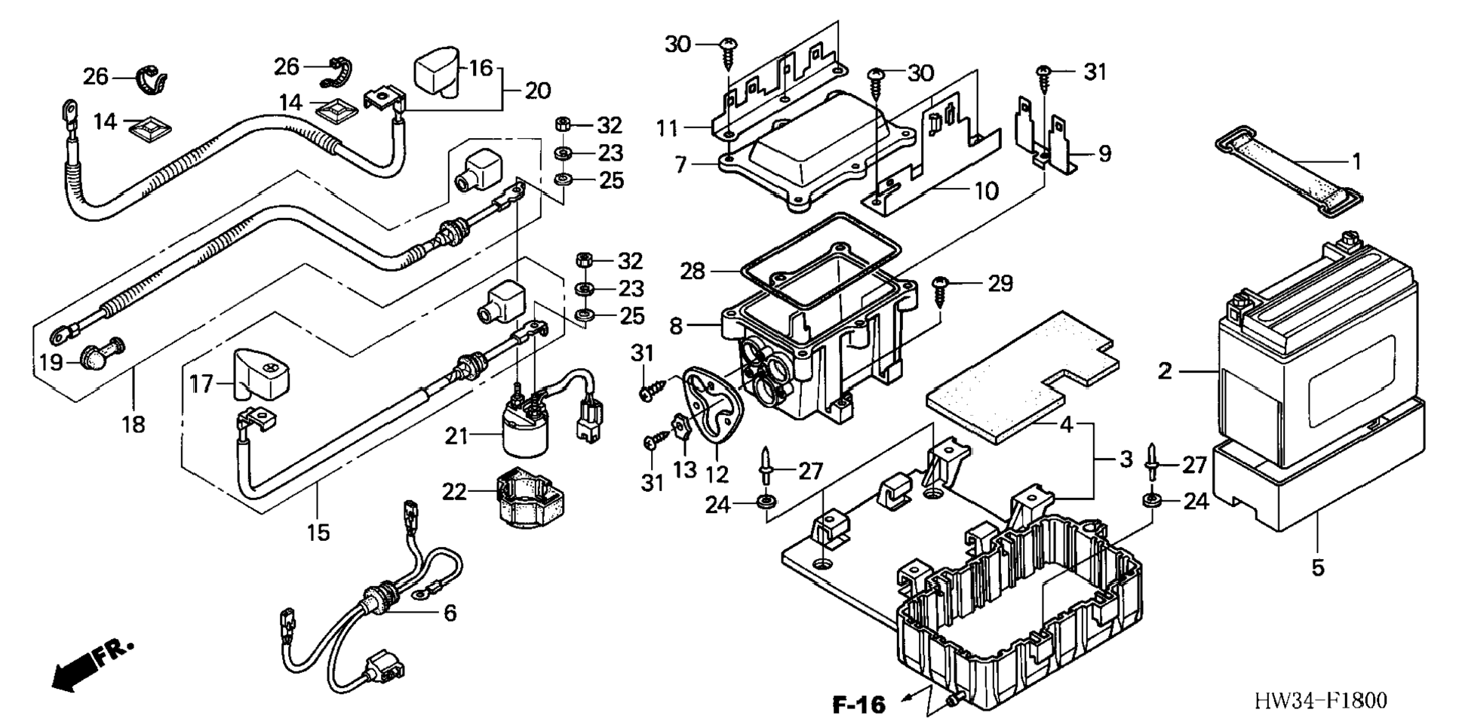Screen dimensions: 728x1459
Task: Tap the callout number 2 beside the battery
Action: pyautogui.click(x=1166, y=371)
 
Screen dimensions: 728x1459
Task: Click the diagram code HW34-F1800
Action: pyautogui.click(x=1320, y=701)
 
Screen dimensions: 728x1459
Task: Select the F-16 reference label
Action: pyautogui.click(x=859, y=705)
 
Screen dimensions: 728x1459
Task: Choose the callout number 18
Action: pyautogui.click(x=134, y=425)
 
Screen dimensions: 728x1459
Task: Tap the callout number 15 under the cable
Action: pyautogui.click(x=318, y=533)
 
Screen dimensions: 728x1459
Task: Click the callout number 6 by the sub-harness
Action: pyautogui.click(x=450, y=613)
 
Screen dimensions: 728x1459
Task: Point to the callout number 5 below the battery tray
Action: pyautogui.click(x=1318, y=567)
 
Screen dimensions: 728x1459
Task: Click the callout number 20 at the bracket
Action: pyautogui.click(x=538, y=91)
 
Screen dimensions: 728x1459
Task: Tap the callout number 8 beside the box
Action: pyautogui.click(x=676, y=326)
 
